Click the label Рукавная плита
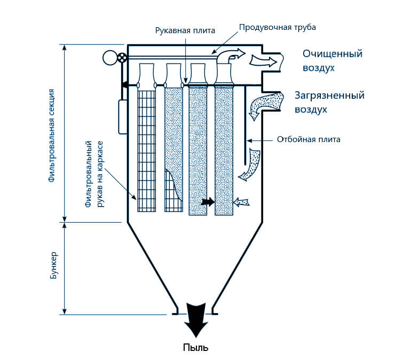coord(185,30)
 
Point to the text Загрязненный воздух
coord(329,102)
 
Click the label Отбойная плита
coord(309,140)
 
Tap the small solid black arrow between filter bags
coord(208,202)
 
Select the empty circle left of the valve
coord(111,58)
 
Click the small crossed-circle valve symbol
coord(123,58)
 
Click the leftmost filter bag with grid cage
coord(146,150)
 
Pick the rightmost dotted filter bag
coord(224,150)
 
